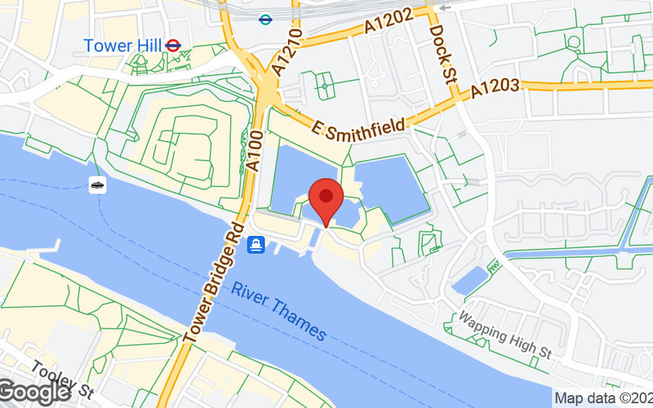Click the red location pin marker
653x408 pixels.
click(x=326, y=199)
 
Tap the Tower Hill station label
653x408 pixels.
click(x=122, y=46)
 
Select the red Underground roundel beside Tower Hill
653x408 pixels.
click(x=172, y=46)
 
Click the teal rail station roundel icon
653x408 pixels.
click(x=264, y=19)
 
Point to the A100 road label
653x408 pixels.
click(x=253, y=151)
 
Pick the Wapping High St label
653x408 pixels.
click(x=505, y=335)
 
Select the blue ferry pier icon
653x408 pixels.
click(x=256, y=243)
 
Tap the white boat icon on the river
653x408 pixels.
click(x=97, y=185)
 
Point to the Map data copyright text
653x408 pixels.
click(x=602, y=398)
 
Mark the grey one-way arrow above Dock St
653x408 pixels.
click(x=444, y=7)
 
